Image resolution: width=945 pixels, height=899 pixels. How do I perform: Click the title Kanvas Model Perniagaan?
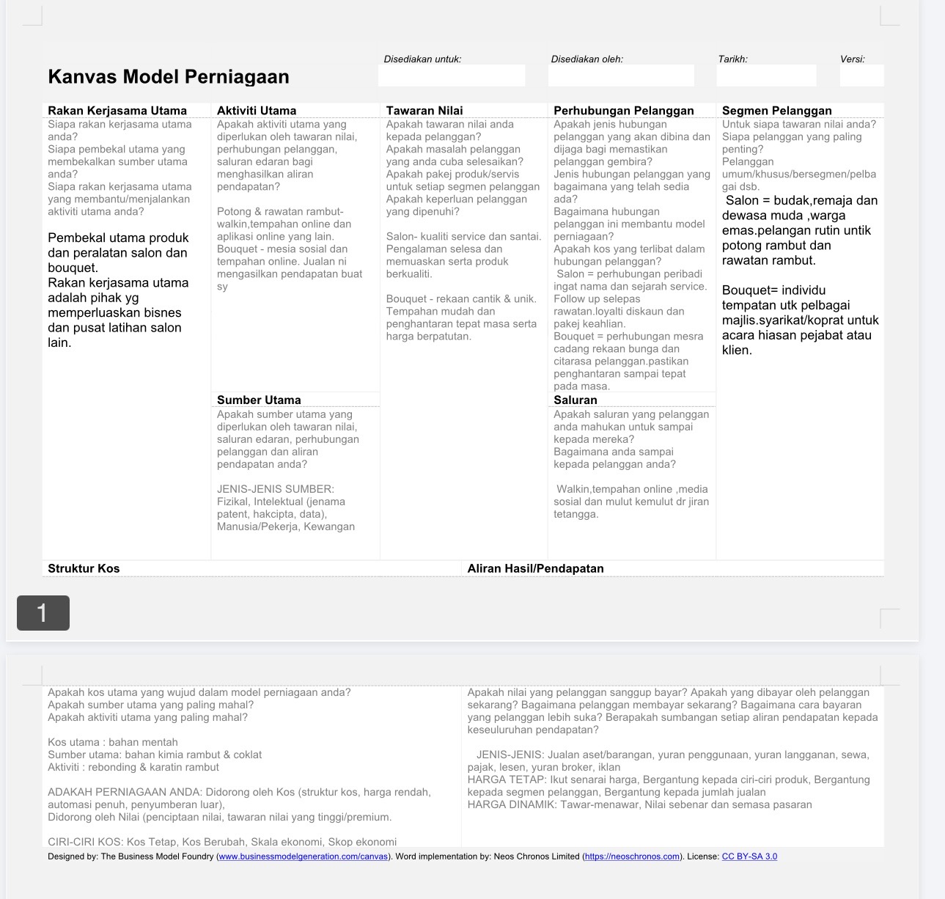point(168,77)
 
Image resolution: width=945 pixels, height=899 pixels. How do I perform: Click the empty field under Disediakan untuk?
point(452,76)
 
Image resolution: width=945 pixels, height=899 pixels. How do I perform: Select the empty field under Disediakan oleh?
point(621,76)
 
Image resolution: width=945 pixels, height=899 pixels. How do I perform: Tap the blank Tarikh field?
point(766,76)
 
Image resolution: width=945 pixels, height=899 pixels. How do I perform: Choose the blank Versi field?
point(861,76)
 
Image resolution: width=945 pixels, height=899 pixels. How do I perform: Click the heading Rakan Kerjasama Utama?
point(117,111)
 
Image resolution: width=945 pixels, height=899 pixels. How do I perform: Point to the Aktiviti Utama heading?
point(257,111)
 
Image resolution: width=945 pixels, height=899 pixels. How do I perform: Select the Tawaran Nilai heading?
point(424,111)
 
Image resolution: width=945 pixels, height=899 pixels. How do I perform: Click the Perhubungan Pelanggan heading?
point(623,111)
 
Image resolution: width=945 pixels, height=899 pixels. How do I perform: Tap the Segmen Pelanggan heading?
point(776,111)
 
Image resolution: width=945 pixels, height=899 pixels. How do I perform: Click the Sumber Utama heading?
point(259,400)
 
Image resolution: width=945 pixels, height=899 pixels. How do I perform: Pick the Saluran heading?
point(576,400)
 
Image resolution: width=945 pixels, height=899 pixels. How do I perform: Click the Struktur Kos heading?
point(84,568)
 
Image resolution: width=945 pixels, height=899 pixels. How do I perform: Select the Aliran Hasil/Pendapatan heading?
point(535,568)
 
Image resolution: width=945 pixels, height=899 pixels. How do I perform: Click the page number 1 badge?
point(43,613)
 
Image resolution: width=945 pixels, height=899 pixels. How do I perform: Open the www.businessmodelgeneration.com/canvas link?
point(303,856)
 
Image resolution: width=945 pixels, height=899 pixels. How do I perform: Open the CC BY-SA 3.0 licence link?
point(749,856)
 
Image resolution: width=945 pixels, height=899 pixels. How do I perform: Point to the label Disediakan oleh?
point(587,59)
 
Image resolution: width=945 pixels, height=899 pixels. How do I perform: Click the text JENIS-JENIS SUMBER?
point(276,489)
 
